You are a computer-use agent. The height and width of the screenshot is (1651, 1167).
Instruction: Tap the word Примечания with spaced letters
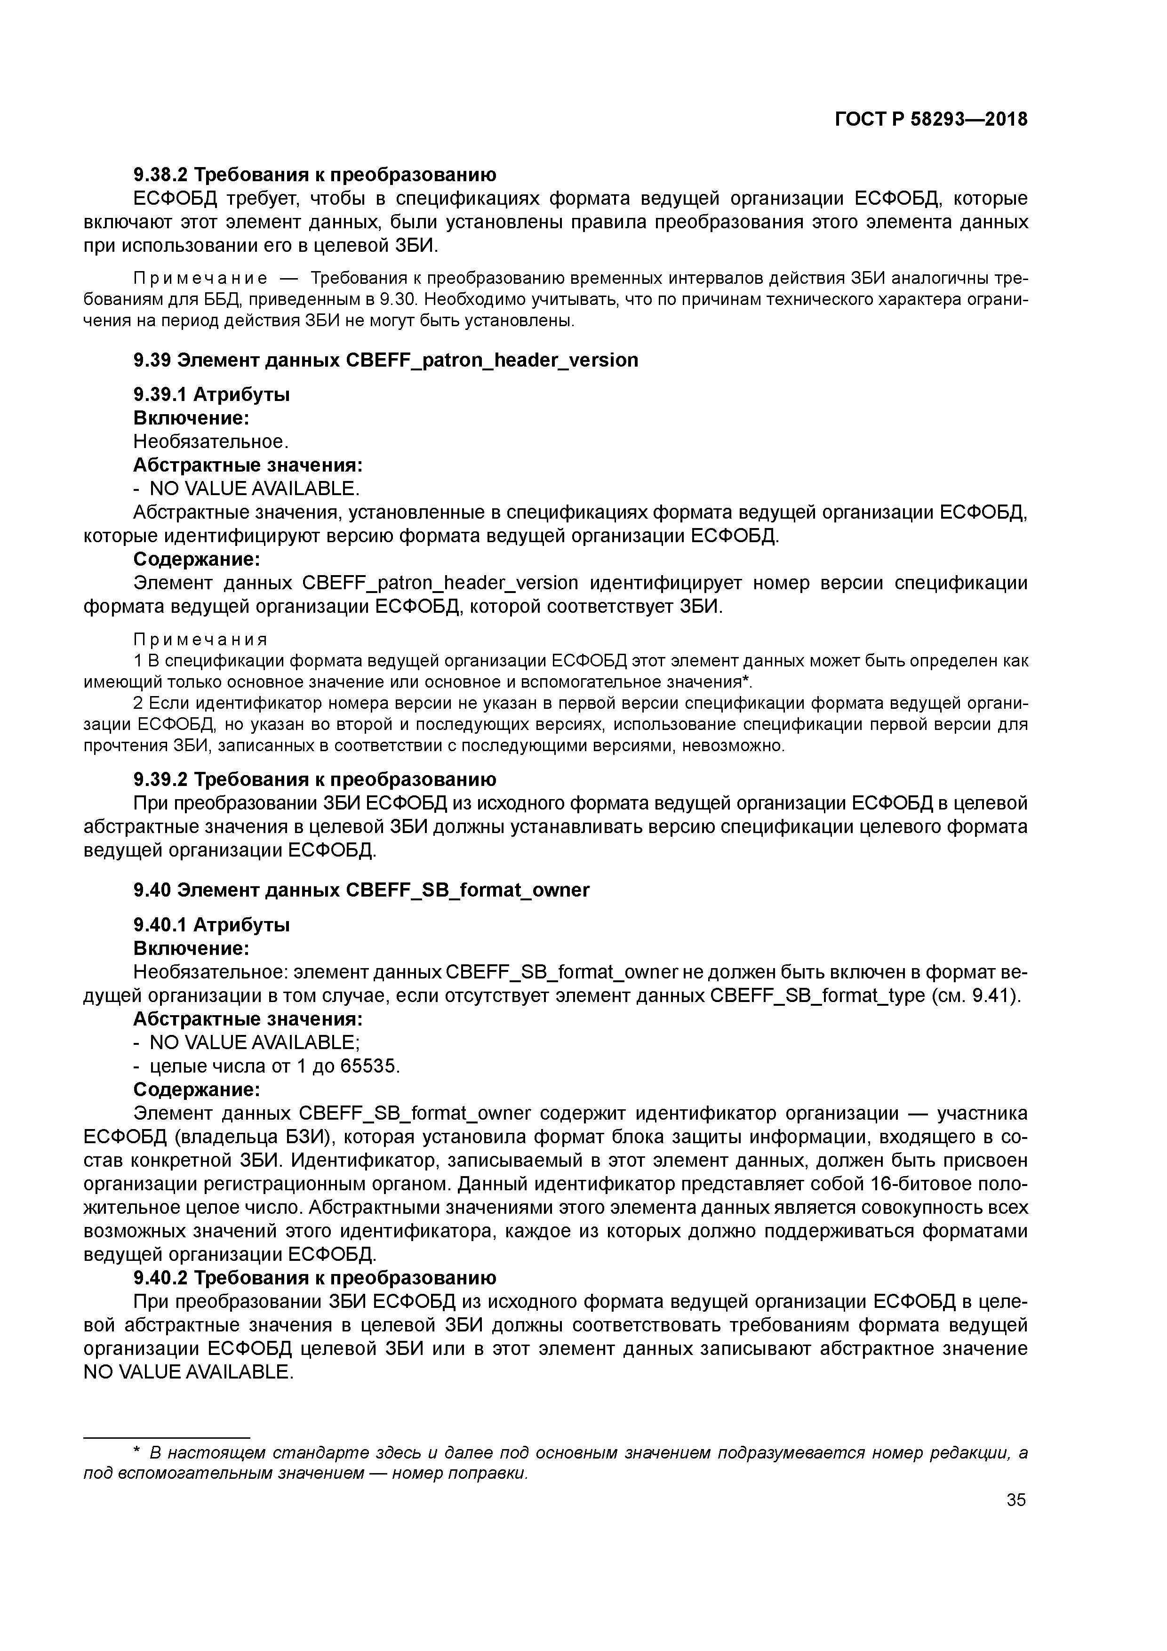tap(200, 639)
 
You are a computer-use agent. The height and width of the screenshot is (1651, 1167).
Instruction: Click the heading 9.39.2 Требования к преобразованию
tap(314, 779)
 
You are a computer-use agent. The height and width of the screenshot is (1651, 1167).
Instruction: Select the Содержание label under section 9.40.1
tap(196, 1090)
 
